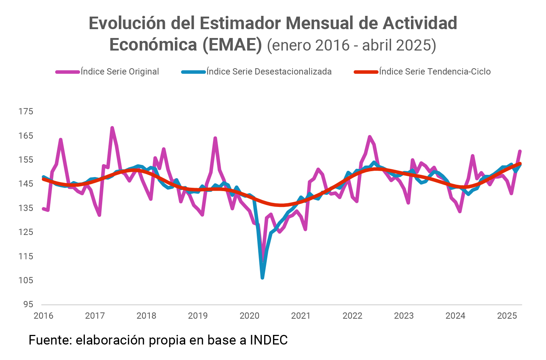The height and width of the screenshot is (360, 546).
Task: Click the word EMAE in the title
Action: pos(232,45)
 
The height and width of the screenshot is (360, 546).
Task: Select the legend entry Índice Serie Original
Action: pos(120,72)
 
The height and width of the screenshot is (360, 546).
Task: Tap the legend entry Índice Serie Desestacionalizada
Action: pos(269,72)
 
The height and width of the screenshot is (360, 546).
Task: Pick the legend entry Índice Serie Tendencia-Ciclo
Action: pos(435,72)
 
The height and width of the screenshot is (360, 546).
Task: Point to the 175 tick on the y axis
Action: pos(26,111)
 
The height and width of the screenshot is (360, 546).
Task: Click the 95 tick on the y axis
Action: pos(28,304)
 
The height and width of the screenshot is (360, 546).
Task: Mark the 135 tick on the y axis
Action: pos(26,208)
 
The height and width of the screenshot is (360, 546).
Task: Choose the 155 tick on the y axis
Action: pos(26,160)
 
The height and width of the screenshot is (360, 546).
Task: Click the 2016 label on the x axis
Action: pos(44,316)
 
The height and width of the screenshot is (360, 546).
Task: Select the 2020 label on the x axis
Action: pos(250,316)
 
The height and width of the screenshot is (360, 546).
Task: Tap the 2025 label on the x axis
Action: pos(507,316)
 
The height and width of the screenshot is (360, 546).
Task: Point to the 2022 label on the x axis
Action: pos(353,316)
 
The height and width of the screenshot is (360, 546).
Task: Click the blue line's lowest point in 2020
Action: pos(262,277)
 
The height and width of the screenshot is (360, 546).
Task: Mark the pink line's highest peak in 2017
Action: pos(112,128)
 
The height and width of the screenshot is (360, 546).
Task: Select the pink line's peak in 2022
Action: pos(370,137)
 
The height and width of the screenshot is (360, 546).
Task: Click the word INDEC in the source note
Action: pos(269,340)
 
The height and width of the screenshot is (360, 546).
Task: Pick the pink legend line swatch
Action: pos(68,72)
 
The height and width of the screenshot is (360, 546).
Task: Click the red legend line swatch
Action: pos(366,72)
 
